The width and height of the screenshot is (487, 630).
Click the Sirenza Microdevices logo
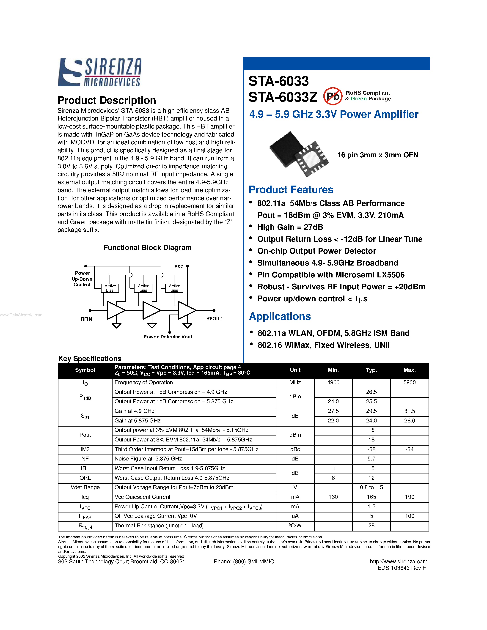coord(99,72)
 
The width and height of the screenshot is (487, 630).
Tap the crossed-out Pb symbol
coord(333,96)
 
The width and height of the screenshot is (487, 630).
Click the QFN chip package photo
coord(299,154)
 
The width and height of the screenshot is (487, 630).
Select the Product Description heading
coord(107,100)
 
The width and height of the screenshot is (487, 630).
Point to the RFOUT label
coord(214,318)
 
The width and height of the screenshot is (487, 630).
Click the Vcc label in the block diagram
coord(179,266)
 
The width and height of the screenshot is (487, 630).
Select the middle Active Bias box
coord(143,288)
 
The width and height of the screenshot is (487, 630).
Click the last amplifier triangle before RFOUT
coord(186,310)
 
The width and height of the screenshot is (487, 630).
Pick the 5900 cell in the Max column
coord(409,383)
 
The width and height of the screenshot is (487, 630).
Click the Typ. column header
coord(371,370)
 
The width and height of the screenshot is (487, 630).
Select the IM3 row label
coord(85,449)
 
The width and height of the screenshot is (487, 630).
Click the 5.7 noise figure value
coord(371,459)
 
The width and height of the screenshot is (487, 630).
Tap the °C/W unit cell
coord(295,526)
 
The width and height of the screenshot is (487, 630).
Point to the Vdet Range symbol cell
coord(85,487)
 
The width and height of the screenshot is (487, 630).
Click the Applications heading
coord(280,316)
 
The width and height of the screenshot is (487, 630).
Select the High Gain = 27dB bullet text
coord(290,227)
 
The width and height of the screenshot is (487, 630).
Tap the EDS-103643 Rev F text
coord(402,568)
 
